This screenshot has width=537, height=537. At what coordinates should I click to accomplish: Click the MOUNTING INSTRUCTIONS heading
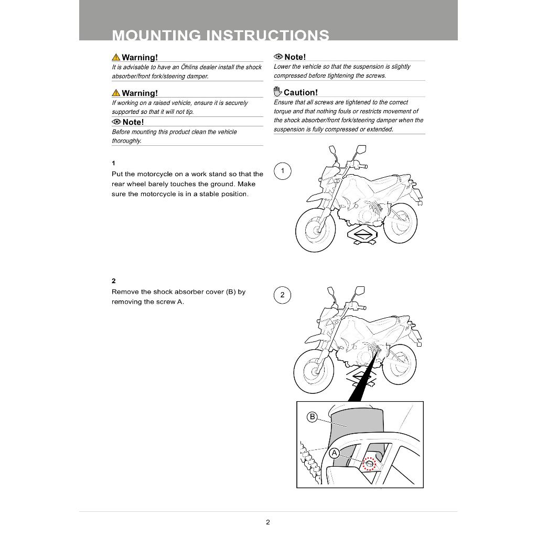coord(220,35)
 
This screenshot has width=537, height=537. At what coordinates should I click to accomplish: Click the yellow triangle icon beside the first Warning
coord(115,57)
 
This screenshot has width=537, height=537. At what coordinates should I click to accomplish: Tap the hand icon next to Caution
coord(277,92)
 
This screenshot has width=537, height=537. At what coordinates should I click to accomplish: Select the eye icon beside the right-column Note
coord(278,57)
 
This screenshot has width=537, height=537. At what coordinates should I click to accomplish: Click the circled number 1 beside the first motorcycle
coord(283,171)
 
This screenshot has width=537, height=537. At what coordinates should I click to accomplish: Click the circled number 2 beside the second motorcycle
coord(282,295)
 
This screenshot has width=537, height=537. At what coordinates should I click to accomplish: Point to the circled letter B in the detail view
coord(312,417)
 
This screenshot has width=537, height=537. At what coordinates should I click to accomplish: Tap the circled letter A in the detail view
coord(334,452)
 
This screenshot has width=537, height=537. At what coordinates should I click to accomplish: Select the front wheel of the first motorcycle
coord(315,230)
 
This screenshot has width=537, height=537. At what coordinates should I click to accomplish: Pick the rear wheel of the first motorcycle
coord(402,224)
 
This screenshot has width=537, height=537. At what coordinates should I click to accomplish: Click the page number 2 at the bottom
coord(268,522)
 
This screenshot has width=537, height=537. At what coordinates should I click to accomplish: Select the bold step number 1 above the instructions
coord(113,163)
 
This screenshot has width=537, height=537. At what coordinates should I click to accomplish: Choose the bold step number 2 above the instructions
coord(113,281)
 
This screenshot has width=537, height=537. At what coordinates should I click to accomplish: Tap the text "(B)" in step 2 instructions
coord(231,292)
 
